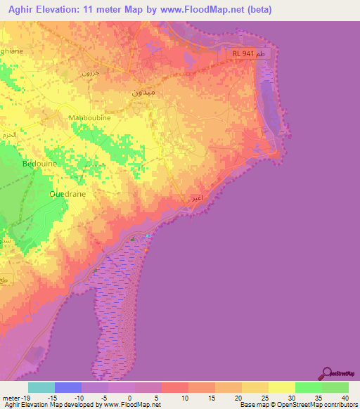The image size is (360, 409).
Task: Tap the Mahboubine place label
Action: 89,117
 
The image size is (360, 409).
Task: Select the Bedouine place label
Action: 40,164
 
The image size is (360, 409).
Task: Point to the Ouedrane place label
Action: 67,193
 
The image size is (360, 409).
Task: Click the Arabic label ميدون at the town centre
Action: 143,91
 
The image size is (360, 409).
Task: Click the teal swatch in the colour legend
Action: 41,387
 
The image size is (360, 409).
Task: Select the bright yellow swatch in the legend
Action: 282,387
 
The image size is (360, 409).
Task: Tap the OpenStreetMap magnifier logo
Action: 328,373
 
